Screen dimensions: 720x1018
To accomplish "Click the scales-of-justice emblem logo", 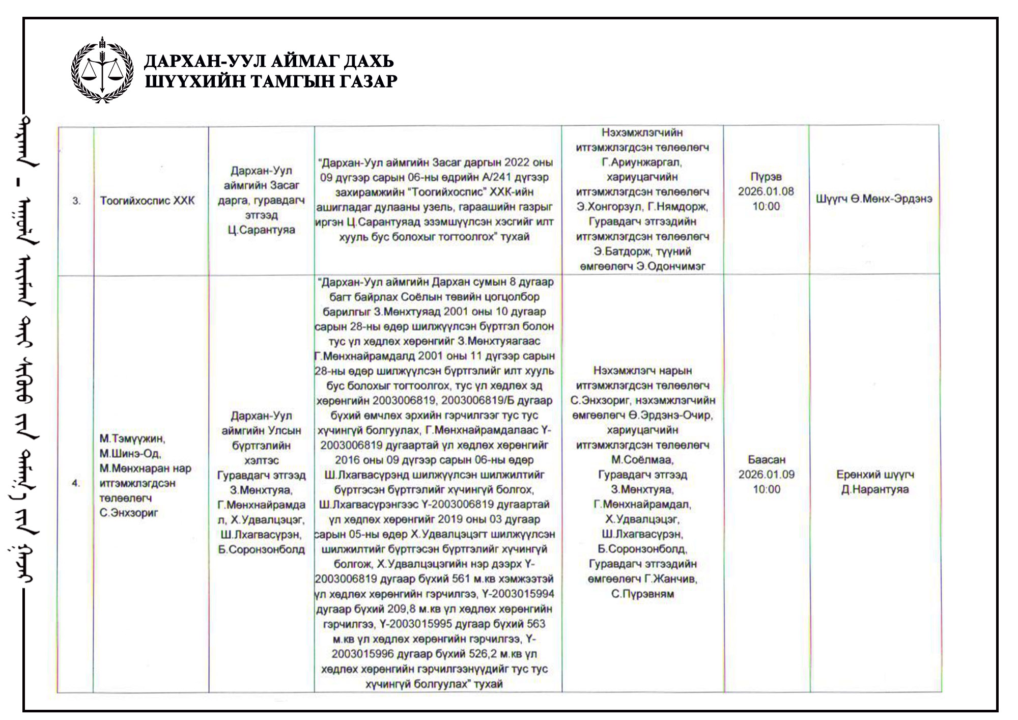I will tap(102, 70).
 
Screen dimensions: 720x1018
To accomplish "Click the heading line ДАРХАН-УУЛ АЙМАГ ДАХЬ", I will tap(269, 62).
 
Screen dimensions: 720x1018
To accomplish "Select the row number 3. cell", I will tap(76, 201).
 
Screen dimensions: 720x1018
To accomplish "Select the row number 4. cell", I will tap(76, 483).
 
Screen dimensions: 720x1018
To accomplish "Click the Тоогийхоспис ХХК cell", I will tap(147, 201).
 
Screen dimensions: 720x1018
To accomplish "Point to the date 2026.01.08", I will tap(766, 191).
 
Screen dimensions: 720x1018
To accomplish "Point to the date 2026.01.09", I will tap(766, 475).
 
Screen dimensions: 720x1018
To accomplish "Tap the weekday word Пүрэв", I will tap(766, 177).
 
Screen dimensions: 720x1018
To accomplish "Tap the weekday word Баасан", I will tap(766, 460).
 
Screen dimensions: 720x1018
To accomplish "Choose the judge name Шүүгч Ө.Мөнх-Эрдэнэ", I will tap(874, 199).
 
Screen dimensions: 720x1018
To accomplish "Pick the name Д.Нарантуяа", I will tap(875, 490).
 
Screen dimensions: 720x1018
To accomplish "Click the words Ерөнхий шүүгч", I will tap(875, 475).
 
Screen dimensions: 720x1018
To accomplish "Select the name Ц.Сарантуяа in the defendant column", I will tap(261, 230).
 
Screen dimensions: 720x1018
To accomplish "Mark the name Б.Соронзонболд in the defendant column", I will tap(261, 549).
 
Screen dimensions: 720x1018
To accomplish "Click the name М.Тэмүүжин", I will tap(132, 438).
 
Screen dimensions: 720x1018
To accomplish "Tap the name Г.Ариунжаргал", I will tap(642, 162).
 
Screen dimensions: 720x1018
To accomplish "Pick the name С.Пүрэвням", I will tap(642, 594).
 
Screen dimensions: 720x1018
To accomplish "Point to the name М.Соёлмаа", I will tap(642, 460).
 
